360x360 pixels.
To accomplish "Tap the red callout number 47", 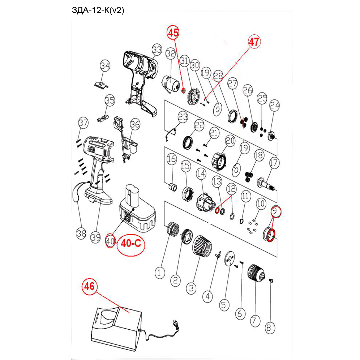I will click(x=254, y=42).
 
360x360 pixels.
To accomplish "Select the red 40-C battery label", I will click(x=130, y=244).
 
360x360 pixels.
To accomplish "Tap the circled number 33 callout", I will click(x=157, y=49).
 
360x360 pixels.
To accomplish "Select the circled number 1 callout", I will click(x=159, y=273).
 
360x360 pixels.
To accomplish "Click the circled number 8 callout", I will click(x=269, y=327).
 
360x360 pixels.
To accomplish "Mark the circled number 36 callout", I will click(x=135, y=125).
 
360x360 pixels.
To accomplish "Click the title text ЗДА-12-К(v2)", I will click(x=98, y=10).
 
